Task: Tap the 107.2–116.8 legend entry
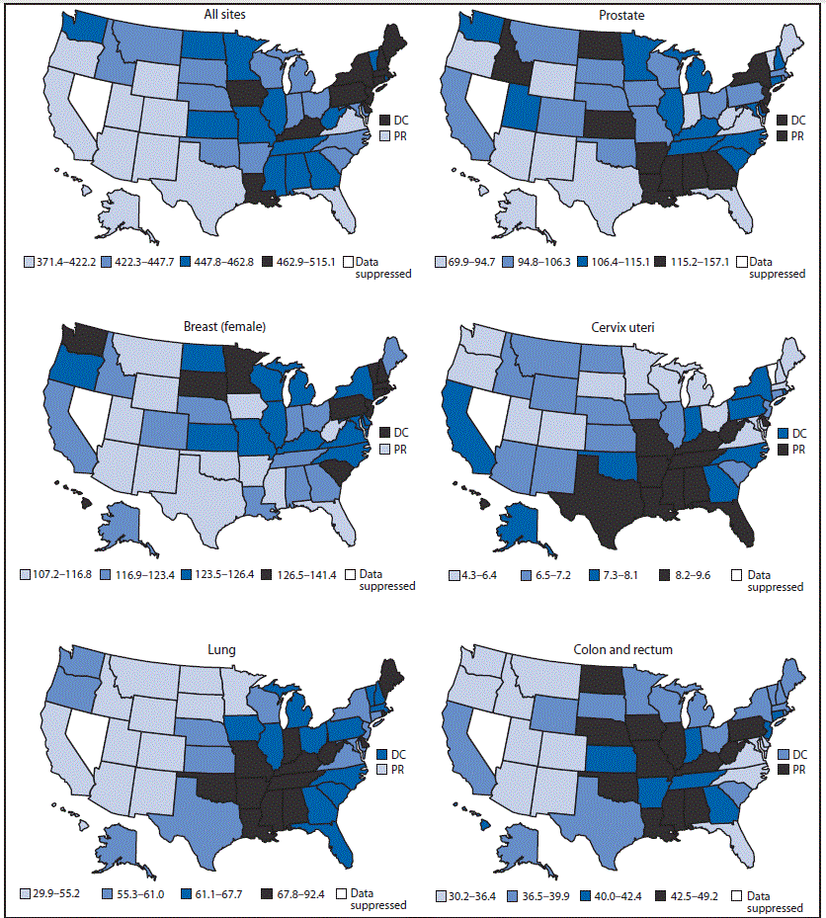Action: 59,574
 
